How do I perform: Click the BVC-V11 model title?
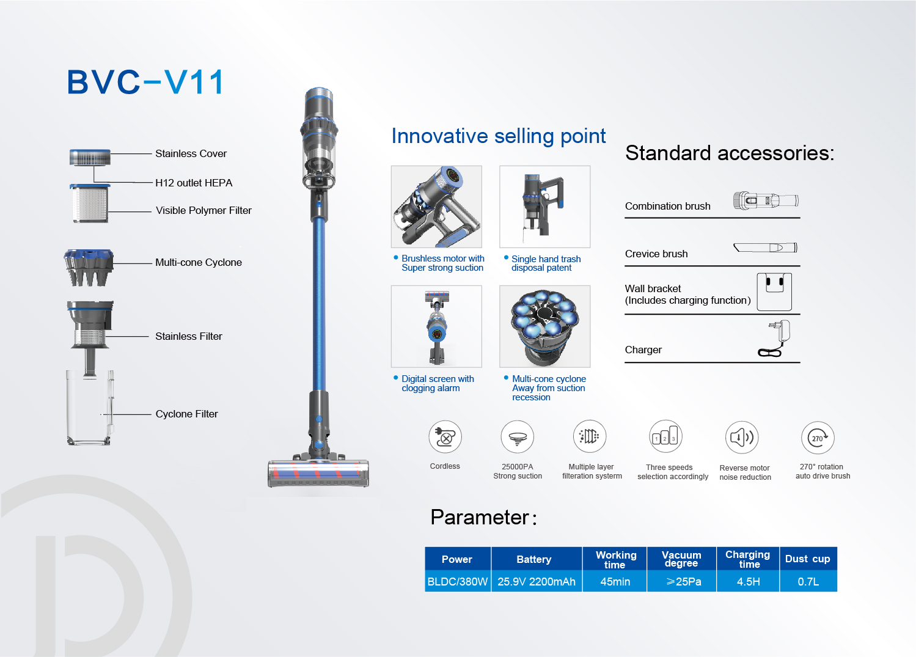point(145,82)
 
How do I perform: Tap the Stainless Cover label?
point(191,153)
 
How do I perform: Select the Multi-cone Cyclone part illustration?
point(89,268)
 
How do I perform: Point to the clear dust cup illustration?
point(90,408)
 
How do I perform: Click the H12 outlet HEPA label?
point(194,183)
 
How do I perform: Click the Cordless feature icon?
point(445,437)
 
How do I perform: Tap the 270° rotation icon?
point(818,438)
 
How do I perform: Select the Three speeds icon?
point(665,436)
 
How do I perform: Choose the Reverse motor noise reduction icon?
point(742,438)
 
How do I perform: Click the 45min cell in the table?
point(615,581)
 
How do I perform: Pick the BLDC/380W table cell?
point(458,581)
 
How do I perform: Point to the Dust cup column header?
point(808,559)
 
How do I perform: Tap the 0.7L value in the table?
point(808,581)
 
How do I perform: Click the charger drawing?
point(774,339)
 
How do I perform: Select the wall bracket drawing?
point(774,292)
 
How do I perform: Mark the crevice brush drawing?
point(765,248)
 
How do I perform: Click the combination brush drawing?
point(766,200)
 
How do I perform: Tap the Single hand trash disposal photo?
point(544,207)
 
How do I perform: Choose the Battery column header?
point(534,559)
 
